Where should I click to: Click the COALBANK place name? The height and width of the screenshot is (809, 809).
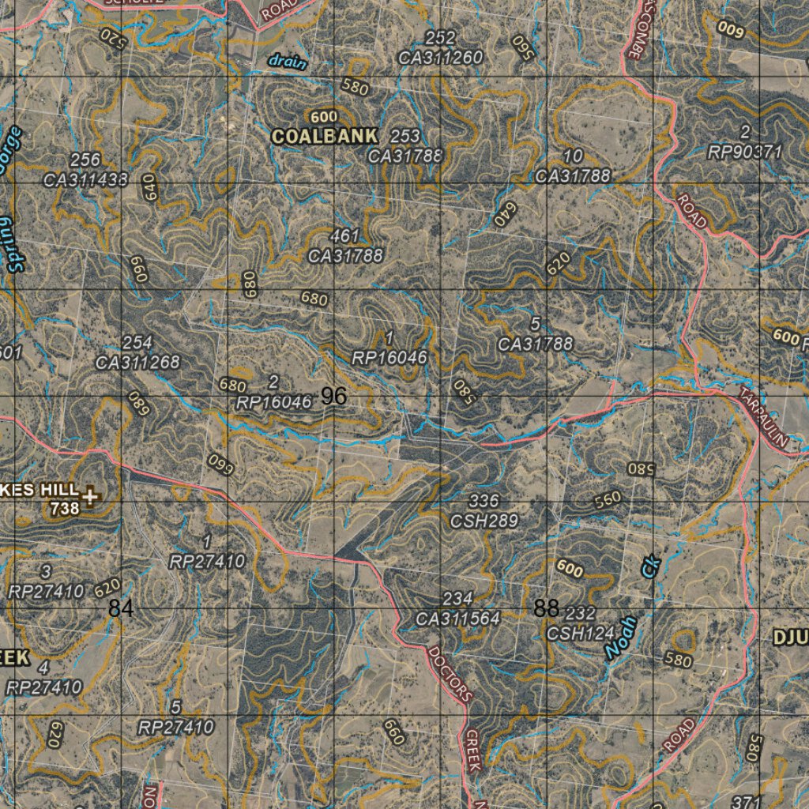(325, 136)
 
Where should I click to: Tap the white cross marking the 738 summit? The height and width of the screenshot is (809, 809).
(92, 496)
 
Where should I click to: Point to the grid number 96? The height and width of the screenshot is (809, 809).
(334, 397)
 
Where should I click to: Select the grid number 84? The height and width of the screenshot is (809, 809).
(121, 608)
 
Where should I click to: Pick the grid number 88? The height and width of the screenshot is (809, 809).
(546, 608)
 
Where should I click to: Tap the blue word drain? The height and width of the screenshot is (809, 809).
(287, 62)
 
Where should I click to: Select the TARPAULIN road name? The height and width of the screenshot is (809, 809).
(764, 419)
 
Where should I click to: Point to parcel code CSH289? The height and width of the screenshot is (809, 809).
(484, 521)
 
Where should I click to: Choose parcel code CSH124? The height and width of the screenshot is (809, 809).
(581, 633)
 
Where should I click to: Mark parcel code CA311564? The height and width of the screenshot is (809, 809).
(458, 619)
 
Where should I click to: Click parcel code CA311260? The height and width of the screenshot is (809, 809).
(440, 57)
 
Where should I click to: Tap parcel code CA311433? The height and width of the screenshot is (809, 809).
(85, 179)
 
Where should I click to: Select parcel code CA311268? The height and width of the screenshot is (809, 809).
(137, 363)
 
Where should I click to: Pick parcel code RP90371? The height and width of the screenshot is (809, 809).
(744, 152)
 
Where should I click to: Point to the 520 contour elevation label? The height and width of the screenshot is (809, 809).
(113, 37)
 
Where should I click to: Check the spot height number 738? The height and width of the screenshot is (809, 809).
(65, 510)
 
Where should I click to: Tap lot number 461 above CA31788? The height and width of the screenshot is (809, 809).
(345, 236)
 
